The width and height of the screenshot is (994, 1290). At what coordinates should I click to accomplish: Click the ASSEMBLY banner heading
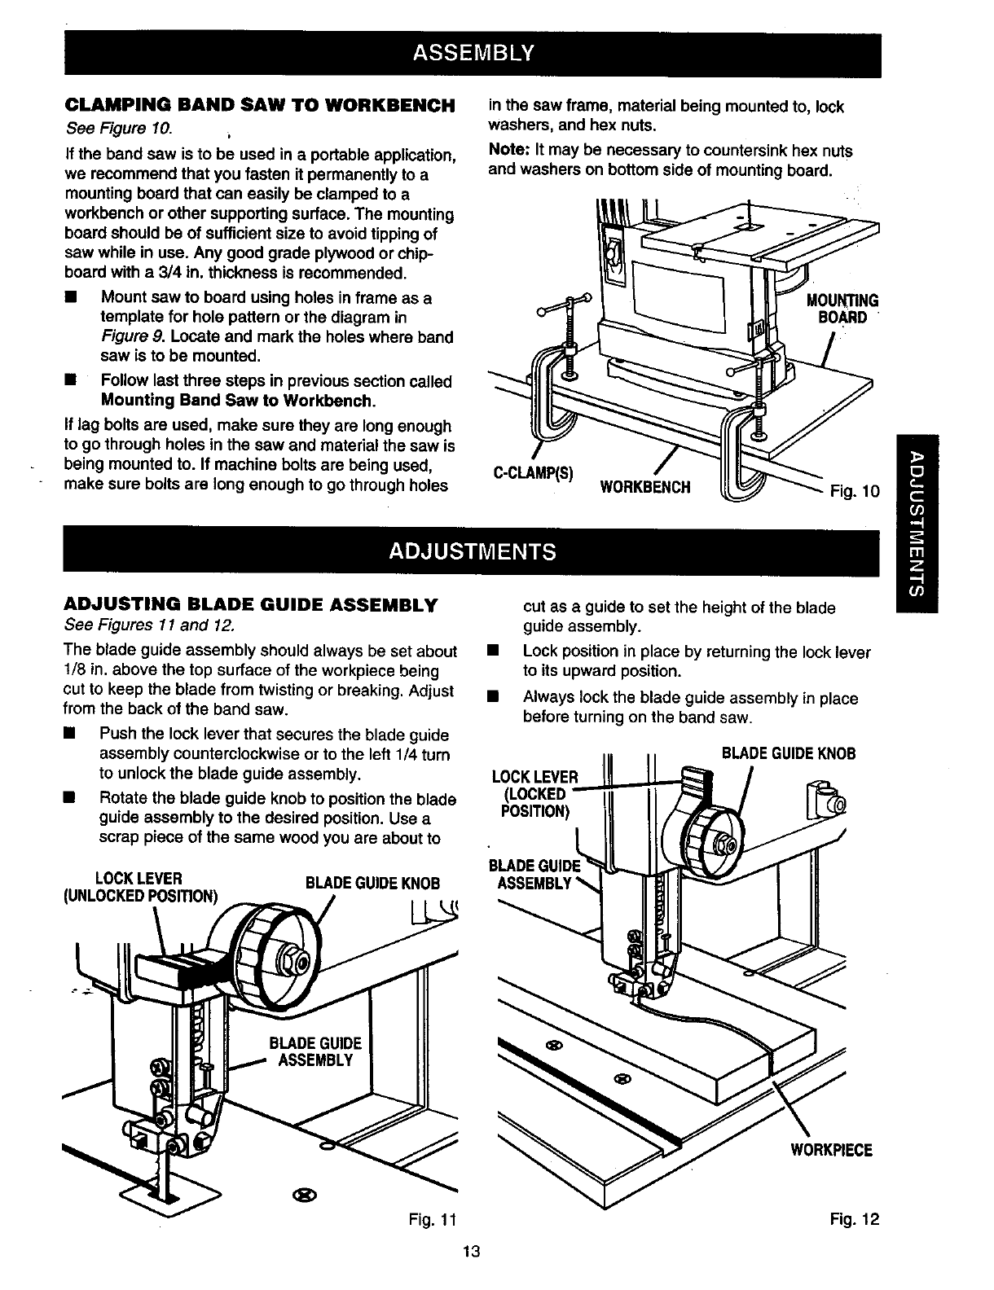(472, 53)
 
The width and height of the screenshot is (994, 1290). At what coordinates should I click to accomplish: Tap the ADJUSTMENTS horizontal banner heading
(472, 551)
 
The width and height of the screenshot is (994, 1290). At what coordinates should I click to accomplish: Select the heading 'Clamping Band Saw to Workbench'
(258, 106)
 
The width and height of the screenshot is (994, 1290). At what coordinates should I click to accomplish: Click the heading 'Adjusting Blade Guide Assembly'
(251, 605)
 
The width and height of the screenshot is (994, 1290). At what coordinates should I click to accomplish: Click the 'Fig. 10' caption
(854, 491)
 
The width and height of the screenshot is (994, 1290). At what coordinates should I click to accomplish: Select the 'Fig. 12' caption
(855, 1219)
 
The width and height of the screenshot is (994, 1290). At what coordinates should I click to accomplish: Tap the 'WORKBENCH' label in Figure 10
(644, 488)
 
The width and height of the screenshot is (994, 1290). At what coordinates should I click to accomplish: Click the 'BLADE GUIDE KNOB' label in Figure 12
(789, 753)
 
